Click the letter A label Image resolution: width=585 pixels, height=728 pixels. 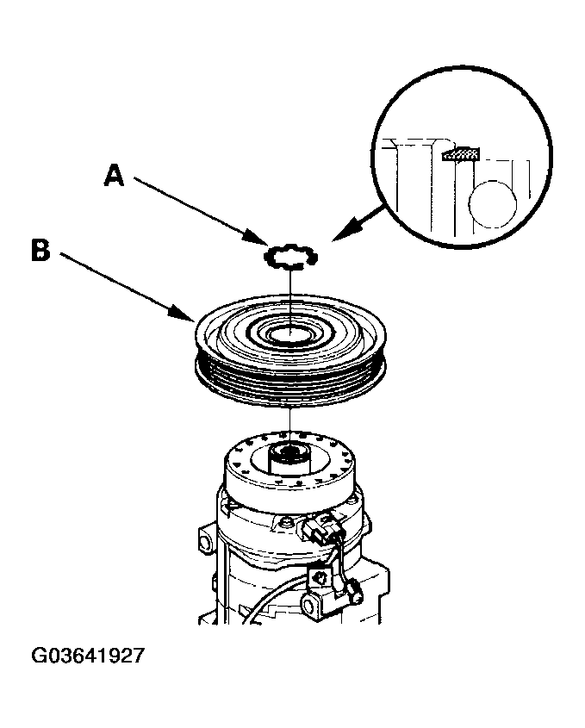click(x=115, y=176)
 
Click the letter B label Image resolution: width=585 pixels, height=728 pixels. click(x=40, y=250)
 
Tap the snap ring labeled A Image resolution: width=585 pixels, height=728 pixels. click(x=290, y=256)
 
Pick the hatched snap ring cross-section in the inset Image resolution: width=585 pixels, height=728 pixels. click(x=460, y=153)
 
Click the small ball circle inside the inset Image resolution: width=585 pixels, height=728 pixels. click(x=493, y=204)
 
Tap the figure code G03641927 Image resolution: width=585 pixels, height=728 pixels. click(x=88, y=656)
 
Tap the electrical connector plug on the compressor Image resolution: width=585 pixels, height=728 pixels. click(x=320, y=528)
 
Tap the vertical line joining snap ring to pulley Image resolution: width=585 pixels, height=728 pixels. click(x=289, y=297)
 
